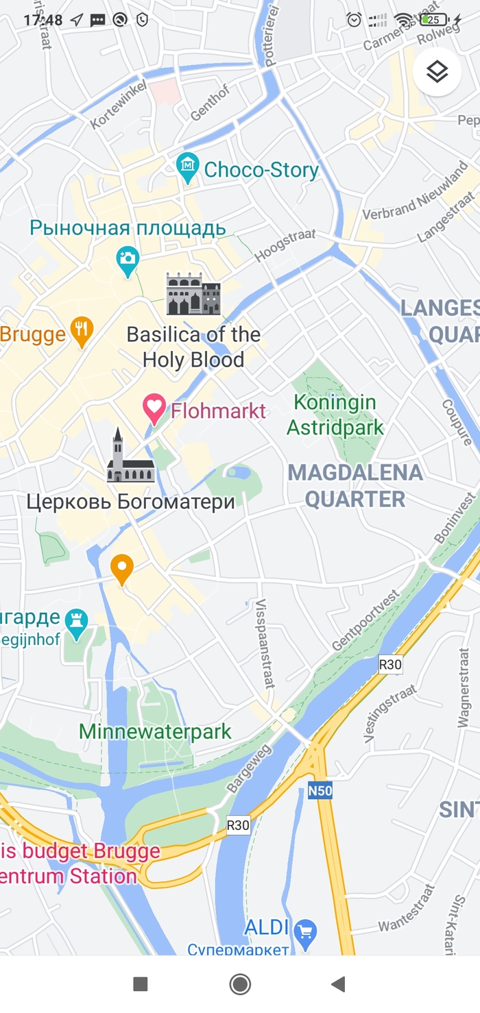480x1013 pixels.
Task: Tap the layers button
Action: pos(437,71)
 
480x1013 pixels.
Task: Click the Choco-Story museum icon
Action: pos(187,167)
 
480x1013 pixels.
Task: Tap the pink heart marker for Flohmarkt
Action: pos(154,409)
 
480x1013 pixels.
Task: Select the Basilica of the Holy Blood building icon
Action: pos(193,294)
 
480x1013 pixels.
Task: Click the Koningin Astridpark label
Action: pos(335,415)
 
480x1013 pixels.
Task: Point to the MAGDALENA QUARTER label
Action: pos(355,485)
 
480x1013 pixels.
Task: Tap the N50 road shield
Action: pos(320,791)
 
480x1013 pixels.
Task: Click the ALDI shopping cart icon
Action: pos(305,931)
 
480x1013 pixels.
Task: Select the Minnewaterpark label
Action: pos(156,731)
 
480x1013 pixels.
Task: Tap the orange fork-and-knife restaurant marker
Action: pos(82,332)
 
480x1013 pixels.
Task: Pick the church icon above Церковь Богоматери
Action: pos(130,457)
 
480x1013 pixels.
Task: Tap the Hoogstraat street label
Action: pos(285,245)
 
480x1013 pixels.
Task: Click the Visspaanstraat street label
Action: pos(265,643)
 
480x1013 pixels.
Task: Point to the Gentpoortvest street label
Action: pos(366,620)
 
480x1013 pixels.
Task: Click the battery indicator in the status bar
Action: pos(435,20)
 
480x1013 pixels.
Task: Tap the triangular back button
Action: pos(337,984)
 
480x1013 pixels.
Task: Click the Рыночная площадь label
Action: pos(128,228)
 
